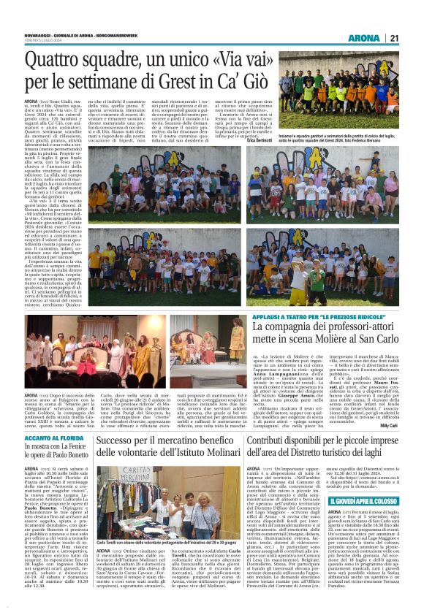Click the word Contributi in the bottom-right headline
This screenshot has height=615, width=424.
tap(272, 420)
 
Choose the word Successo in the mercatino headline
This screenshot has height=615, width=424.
tap(125, 420)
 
